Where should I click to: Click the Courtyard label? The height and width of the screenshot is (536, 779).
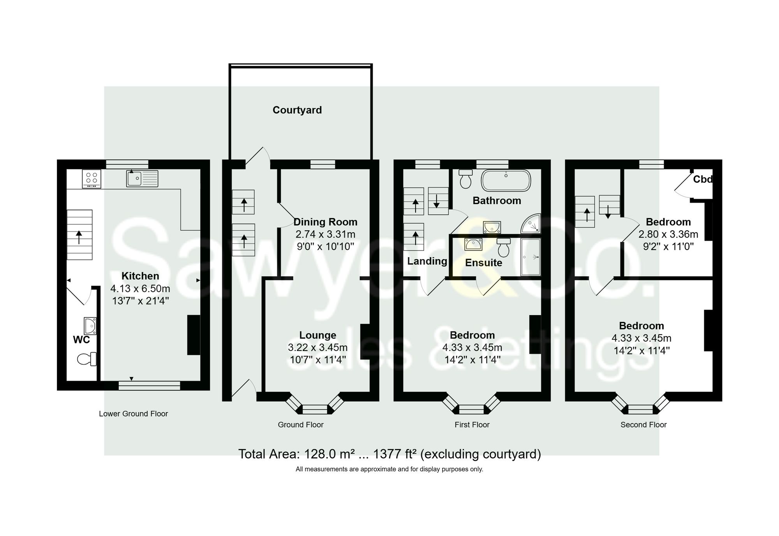pyautogui.click(x=297, y=110)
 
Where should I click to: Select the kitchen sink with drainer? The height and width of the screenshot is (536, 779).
pyautogui.click(x=142, y=179)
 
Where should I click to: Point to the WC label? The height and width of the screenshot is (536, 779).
pyautogui.click(x=81, y=340)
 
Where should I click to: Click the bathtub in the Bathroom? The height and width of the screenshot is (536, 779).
pyautogui.click(x=506, y=180)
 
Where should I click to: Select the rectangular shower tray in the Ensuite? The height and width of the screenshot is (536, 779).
pyautogui.click(x=530, y=257)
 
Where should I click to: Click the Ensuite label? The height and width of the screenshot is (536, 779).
pyautogui.click(x=483, y=263)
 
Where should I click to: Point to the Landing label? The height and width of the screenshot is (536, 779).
pyautogui.click(x=427, y=261)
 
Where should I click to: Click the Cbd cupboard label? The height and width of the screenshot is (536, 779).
pyautogui.click(x=702, y=180)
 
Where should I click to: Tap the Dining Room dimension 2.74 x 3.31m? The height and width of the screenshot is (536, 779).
pyautogui.click(x=325, y=235)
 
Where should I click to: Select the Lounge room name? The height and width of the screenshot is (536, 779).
pyautogui.click(x=317, y=335)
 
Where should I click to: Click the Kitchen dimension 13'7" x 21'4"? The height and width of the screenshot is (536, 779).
pyautogui.click(x=140, y=301)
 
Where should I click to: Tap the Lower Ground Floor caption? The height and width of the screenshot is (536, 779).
pyautogui.click(x=133, y=414)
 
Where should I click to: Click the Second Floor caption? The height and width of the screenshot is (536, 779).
pyautogui.click(x=643, y=425)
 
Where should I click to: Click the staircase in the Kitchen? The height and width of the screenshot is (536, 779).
pyautogui.click(x=79, y=235)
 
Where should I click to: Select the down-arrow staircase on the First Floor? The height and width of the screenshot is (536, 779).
pyautogui.click(x=438, y=201)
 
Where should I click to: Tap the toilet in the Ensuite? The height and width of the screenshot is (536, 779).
pyautogui.click(x=503, y=248)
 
